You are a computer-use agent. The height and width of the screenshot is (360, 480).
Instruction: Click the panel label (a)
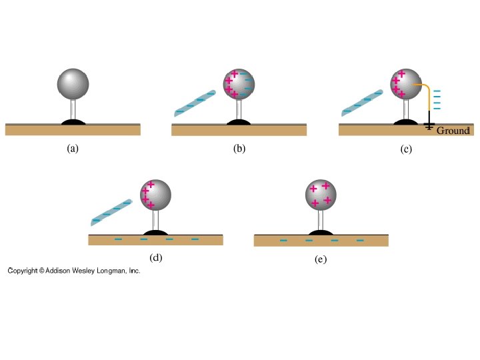coord(73,149)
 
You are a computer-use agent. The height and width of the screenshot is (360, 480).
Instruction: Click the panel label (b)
coord(239,149)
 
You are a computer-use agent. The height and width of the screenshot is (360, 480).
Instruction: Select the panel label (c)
coord(406,149)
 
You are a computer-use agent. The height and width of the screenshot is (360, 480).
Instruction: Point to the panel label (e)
coord(321,259)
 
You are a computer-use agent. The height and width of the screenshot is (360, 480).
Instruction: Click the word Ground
coord(453,131)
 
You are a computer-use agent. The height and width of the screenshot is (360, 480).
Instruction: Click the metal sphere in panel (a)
coord(73,82)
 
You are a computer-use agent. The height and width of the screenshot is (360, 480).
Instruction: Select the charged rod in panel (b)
coord(194,103)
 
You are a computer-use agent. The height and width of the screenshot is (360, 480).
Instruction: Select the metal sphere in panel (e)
coord(321,195)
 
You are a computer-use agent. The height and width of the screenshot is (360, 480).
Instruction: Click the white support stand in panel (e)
coord(321,220)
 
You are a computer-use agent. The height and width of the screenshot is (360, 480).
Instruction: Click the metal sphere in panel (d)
coord(156,195)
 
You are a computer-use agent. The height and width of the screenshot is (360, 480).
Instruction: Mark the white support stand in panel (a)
coord(73,107)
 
